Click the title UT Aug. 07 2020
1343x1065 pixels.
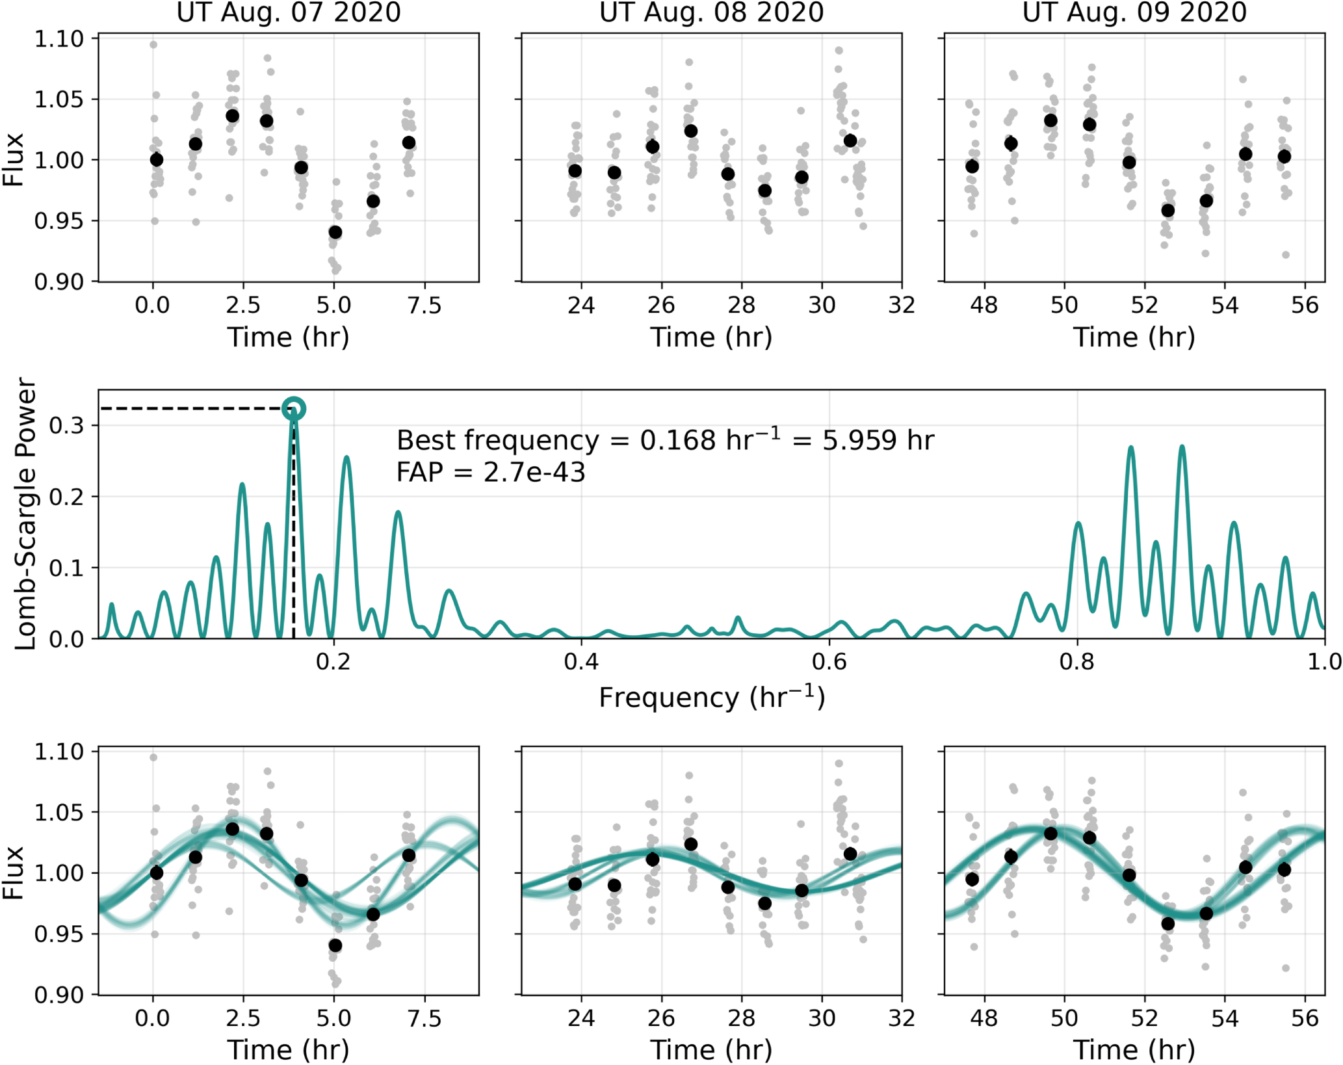point(289,13)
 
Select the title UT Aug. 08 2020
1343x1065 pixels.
point(711,13)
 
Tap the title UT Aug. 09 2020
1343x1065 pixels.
point(1134,13)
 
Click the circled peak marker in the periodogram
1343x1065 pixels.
point(294,409)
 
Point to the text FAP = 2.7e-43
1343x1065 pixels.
point(491,473)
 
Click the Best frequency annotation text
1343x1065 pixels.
point(664,441)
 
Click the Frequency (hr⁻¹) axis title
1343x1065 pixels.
point(711,698)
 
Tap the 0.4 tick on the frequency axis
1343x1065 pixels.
point(581,662)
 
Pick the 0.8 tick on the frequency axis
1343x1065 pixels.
point(1077,662)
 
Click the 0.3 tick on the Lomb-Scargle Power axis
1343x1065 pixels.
point(67,426)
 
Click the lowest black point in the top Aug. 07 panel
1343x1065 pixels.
point(335,232)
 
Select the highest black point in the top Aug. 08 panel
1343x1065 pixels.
point(691,131)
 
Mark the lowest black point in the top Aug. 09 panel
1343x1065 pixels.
point(1167,211)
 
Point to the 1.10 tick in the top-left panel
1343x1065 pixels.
point(59,39)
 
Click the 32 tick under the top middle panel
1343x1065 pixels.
point(902,305)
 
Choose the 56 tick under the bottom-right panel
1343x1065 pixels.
point(1305,1018)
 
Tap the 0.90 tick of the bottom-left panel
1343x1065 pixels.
point(59,995)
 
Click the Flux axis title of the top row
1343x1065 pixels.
point(13,160)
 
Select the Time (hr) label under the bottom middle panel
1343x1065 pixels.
point(711,1050)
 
